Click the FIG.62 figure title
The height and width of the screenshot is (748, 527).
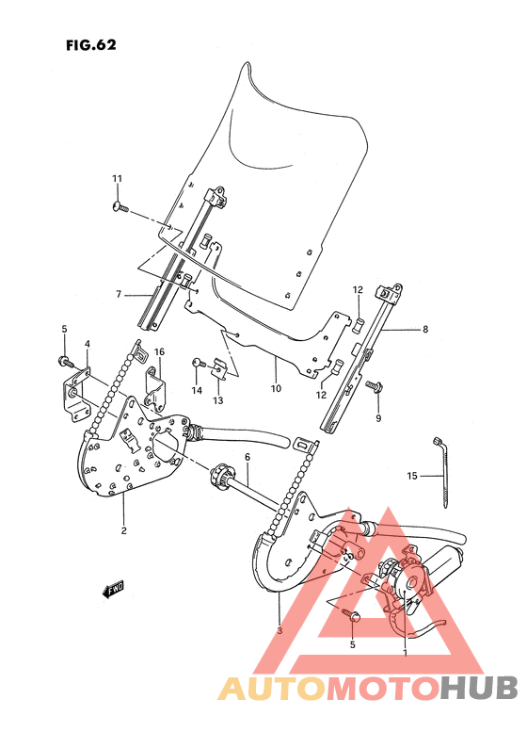point(90,44)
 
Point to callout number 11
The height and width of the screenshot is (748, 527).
point(118,179)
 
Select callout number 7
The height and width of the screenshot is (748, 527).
point(120,295)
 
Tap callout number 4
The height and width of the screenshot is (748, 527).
point(87,344)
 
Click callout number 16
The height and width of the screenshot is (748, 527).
point(159,351)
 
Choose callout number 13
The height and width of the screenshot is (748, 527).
point(216,401)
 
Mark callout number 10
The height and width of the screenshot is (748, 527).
point(276,387)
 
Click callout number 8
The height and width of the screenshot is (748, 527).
point(425,330)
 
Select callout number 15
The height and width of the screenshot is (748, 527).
point(411,477)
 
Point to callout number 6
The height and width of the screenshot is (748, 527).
point(247,458)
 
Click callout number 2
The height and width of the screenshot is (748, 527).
point(123,529)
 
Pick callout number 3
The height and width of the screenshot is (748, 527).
point(279,630)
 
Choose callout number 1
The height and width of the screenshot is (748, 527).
point(405,652)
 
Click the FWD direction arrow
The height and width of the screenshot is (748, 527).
point(115,591)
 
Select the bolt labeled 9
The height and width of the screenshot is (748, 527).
point(373,385)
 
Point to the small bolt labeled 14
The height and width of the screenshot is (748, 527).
point(198,363)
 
